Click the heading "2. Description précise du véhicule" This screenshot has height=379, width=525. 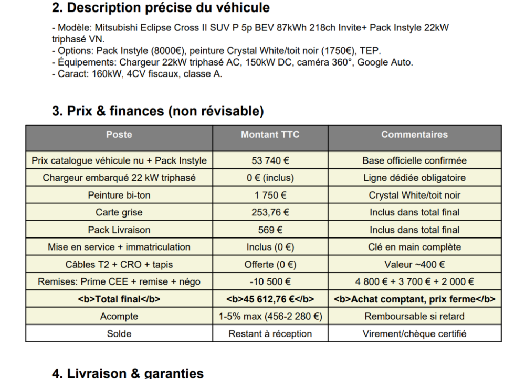(x=161, y=8)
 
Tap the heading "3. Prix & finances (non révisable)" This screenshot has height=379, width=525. (x=158, y=111)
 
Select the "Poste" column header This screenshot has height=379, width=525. (x=119, y=135)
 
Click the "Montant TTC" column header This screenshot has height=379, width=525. (x=270, y=135)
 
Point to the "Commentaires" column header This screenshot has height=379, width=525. (x=414, y=135)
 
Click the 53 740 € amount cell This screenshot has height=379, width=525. (x=270, y=160)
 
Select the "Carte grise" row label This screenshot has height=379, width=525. (x=119, y=212)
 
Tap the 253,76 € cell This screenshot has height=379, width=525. (x=270, y=212)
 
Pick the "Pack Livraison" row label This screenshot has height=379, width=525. (x=119, y=230)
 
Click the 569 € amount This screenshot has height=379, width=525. (x=270, y=230)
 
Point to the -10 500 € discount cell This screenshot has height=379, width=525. (x=270, y=281)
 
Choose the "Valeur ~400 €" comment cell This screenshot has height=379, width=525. (x=414, y=264)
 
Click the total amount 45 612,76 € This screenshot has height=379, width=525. (x=270, y=299)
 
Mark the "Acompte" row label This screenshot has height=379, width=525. (x=119, y=316)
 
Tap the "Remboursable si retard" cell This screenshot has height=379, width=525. (x=414, y=316)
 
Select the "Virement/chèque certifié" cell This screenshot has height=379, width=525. (x=414, y=333)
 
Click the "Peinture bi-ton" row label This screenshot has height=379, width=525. (x=119, y=195)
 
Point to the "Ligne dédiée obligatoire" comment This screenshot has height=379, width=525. (x=414, y=178)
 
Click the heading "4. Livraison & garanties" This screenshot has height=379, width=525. (x=128, y=373)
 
